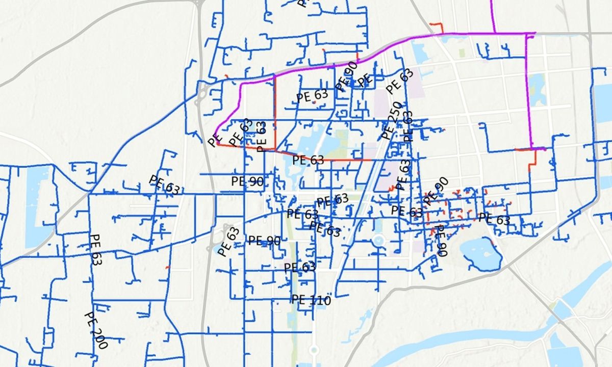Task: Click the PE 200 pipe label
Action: coord(95,330)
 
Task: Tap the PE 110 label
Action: coord(311,300)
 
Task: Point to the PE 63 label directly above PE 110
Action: coord(300,267)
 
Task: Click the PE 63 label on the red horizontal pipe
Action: coord(308,160)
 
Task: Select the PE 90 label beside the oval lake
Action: coord(441,241)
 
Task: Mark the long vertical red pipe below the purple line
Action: coord(275,112)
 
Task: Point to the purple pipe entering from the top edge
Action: coord(492,15)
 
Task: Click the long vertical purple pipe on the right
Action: coord(527,92)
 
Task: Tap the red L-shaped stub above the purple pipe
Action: coord(439,27)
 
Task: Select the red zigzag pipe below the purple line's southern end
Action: coord(532,160)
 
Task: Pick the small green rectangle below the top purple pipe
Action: coord(462,53)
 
